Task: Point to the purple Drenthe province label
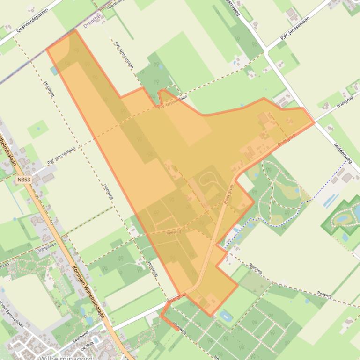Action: click(x=92, y=21)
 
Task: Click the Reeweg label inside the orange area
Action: click(x=173, y=231)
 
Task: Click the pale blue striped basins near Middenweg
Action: click(x=331, y=201)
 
